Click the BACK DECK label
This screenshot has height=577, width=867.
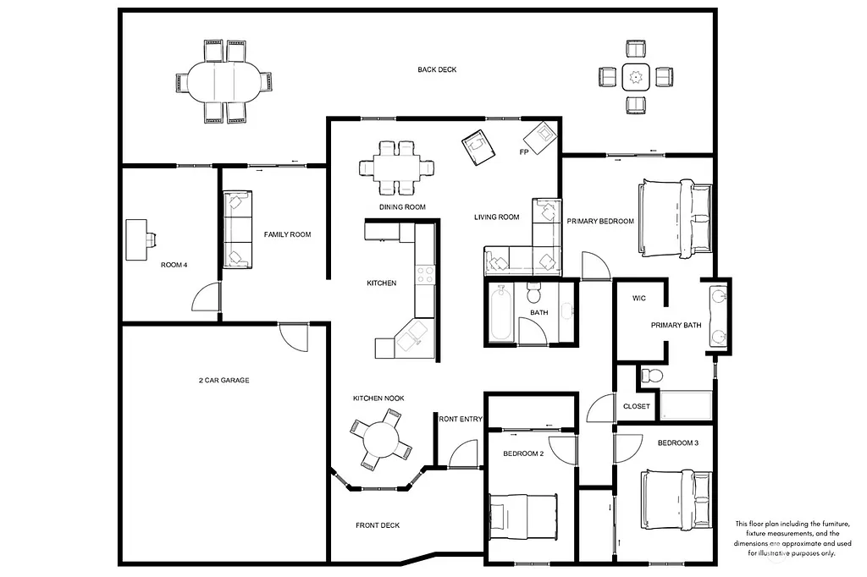437,69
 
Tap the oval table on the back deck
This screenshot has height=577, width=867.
224,82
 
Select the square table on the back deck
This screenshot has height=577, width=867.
635,78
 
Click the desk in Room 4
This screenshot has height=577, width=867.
138,239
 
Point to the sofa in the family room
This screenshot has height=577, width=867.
237,230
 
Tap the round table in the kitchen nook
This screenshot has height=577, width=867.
382,439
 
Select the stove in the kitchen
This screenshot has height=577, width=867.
425,275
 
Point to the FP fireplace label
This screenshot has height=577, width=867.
524,152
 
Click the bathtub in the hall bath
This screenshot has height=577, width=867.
500,314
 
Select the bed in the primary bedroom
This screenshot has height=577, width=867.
677,218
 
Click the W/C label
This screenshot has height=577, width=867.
639,298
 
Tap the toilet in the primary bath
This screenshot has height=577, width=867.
651,375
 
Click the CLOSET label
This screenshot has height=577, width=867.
636,406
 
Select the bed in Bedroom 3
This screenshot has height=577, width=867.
676,500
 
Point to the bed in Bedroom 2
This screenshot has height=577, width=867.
524,515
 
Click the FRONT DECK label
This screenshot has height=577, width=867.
377,525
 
